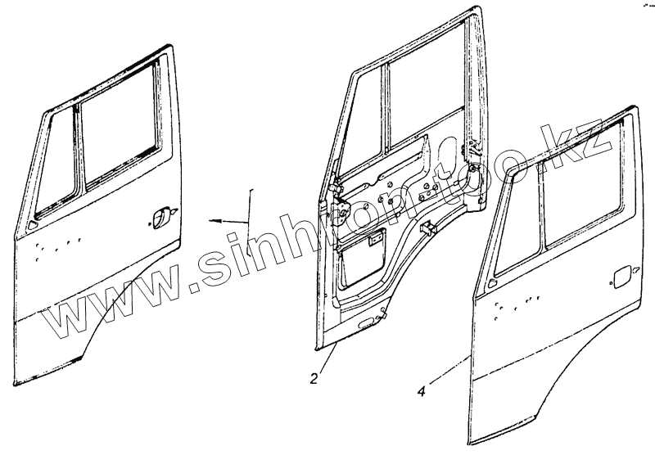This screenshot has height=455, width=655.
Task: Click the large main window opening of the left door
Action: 119,131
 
